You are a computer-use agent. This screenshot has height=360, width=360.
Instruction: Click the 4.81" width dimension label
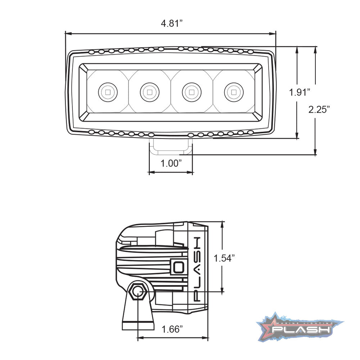(x=172, y=24)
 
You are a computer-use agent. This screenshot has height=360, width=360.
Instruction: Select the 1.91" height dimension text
(x=299, y=92)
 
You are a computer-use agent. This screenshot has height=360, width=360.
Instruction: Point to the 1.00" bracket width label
(x=171, y=163)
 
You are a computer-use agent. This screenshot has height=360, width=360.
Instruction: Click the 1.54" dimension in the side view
(x=224, y=258)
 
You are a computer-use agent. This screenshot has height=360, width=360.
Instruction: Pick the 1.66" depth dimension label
(x=172, y=329)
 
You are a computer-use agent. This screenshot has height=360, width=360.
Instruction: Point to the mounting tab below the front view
(x=171, y=147)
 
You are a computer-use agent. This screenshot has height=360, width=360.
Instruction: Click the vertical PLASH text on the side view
(x=198, y=269)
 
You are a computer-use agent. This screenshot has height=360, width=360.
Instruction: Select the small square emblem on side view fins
(x=178, y=267)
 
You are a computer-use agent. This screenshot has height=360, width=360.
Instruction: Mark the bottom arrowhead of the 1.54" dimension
(x=222, y=292)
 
